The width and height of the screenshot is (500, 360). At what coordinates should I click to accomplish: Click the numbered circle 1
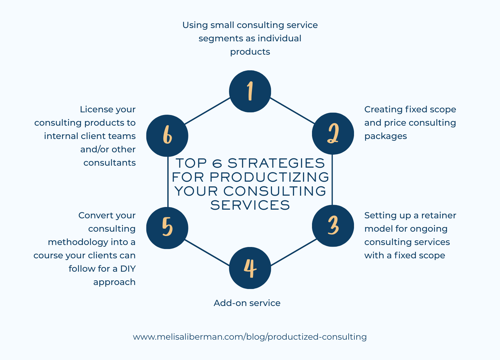(x=250, y=91)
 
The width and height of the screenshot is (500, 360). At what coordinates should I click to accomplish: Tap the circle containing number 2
(x=333, y=134)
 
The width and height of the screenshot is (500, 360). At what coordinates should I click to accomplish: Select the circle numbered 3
(x=333, y=226)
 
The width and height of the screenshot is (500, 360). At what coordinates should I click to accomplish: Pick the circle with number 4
(x=250, y=268)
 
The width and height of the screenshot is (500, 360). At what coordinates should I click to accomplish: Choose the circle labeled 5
(x=167, y=228)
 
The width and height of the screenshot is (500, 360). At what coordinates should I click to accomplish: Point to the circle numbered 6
(x=167, y=136)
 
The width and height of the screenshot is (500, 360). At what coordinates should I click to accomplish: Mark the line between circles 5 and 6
(x=168, y=182)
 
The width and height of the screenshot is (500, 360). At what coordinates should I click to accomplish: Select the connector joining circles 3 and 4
(x=293, y=252)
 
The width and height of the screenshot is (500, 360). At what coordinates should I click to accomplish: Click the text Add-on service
(x=247, y=303)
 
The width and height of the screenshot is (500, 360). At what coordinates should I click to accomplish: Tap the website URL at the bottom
(x=250, y=337)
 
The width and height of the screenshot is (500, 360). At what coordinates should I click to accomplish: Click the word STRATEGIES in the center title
(x=276, y=163)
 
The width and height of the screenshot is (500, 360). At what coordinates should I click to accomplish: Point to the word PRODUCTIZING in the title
(x=269, y=177)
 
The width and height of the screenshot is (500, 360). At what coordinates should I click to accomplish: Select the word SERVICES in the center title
(x=250, y=205)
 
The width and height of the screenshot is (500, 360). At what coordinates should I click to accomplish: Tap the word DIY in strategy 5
(x=128, y=269)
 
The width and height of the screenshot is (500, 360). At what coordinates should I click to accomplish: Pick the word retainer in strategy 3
(x=439, y=215)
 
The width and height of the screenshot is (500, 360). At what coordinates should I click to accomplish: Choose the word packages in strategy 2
(x=385, y=136)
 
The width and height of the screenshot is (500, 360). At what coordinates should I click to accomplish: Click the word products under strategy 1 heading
(x=250, y=52)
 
